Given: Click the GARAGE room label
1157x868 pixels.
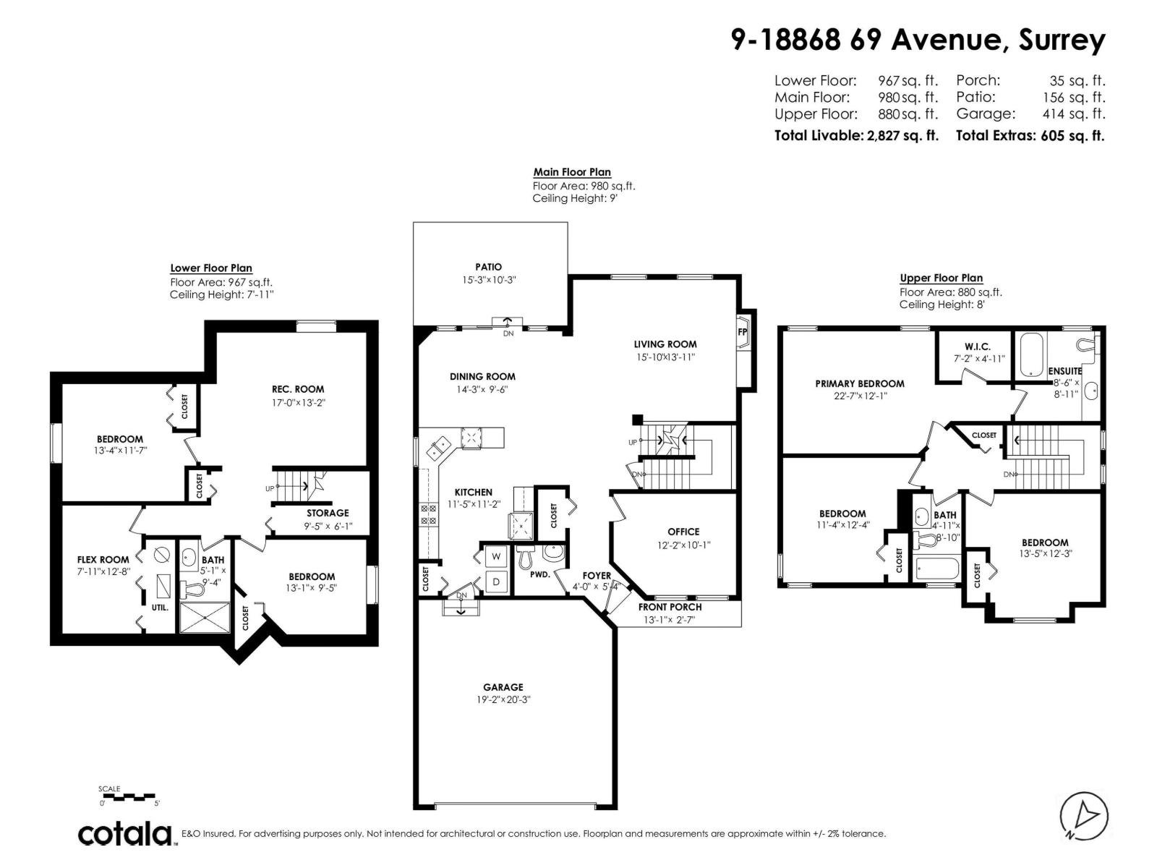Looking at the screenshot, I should point(503,687).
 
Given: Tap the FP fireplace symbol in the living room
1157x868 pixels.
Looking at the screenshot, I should point(743,332).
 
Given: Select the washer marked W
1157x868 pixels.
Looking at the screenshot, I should point(496,556).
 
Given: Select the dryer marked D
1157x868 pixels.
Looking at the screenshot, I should point(496,582).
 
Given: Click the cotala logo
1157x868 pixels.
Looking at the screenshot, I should point(125,834).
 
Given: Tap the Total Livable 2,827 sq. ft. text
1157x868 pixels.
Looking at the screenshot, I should point(856,135).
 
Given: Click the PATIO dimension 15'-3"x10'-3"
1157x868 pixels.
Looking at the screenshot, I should point(489,279).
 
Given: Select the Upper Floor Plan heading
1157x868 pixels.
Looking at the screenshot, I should point(941,278).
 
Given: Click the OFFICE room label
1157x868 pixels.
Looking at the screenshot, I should point(683,532).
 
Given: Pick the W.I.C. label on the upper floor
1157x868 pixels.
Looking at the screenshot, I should point(977,347).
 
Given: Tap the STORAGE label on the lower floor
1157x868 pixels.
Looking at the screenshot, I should point(328,513).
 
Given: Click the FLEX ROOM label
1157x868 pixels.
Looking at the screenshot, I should point(103,559).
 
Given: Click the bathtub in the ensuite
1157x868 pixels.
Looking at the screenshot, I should point(1036,354).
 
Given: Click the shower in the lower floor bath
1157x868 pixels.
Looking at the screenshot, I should point(205,618).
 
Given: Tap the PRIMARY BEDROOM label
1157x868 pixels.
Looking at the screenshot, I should point(860,383).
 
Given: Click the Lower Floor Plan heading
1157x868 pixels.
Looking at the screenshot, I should point(211,268).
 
